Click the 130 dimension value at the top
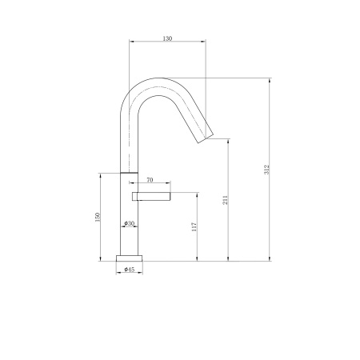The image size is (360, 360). click(167, 38)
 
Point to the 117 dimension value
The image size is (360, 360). click(194, 227)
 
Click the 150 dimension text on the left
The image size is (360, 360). click(98, 217)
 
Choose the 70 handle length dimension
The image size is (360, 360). click(150, 182)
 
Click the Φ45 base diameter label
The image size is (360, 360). click(129, 270)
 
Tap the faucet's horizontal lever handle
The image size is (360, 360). click(152, 194)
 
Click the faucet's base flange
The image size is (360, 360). click(129, 258)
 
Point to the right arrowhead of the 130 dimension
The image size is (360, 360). click(204, 42)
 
